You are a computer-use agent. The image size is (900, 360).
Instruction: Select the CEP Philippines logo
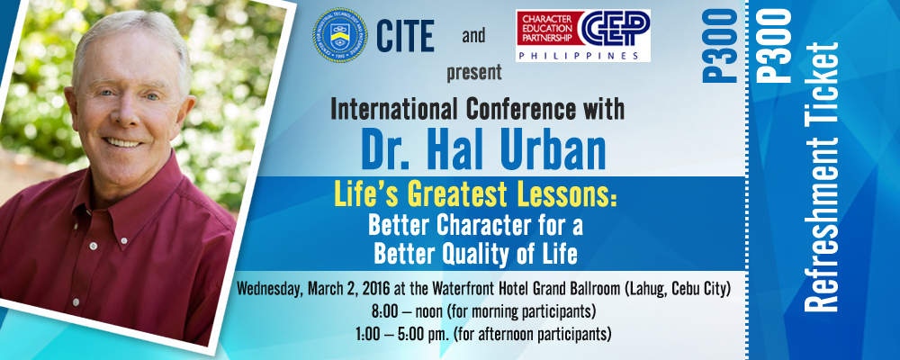coord(583,36)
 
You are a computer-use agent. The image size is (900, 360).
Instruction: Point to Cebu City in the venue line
coord(701,290)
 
